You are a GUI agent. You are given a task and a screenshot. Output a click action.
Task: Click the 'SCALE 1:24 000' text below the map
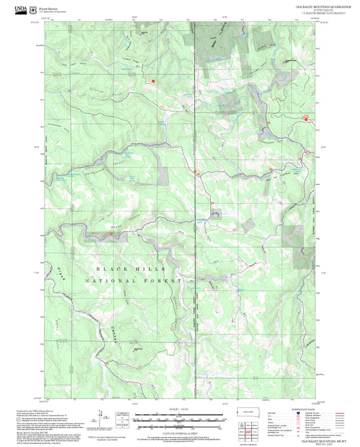pos(180,409)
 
